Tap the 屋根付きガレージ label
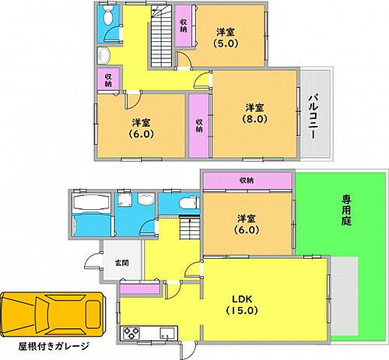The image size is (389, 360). (x=52, y=345)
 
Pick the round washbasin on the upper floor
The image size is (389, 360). (x=103, y=55)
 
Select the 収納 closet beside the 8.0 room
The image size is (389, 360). (x=199, y=123)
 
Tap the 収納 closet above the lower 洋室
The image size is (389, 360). (x=247, y=180)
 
